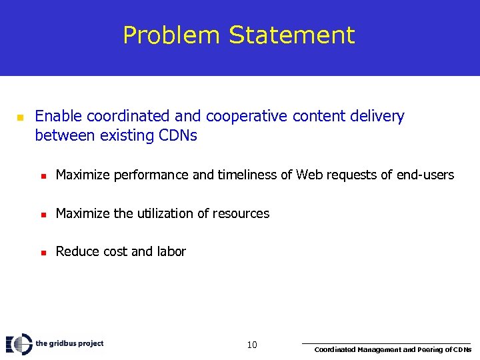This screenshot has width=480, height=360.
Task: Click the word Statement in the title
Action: point(292,35)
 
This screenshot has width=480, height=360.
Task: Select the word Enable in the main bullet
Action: point(59,117)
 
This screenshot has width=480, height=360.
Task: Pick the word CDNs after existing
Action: point(178,136)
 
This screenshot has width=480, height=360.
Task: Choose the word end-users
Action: point(425,175)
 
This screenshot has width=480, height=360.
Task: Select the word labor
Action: point(171,251)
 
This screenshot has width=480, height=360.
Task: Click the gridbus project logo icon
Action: point(19,344)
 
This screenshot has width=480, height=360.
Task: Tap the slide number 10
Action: point(252,345)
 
